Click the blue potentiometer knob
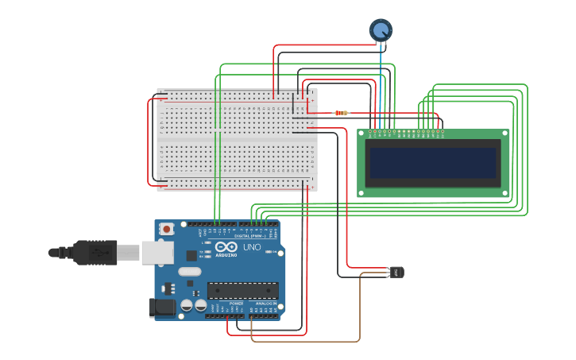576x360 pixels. [381, 30]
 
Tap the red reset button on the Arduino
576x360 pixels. [166, 229]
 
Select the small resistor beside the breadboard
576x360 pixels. [341, 113]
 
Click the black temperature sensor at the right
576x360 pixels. [396, 273]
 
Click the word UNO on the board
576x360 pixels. [252, 247]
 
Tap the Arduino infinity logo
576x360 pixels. [226, 246]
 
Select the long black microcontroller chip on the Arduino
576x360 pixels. [242, 291]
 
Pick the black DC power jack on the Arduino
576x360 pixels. [164, 308]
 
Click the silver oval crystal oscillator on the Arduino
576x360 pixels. [190, 272]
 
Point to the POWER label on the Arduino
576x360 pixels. [236, 304]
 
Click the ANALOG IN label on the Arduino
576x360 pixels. [266, 304]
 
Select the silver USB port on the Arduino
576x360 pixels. [157, 253]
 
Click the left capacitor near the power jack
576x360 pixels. [186, 304]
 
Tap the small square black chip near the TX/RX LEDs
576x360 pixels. [191, 255]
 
